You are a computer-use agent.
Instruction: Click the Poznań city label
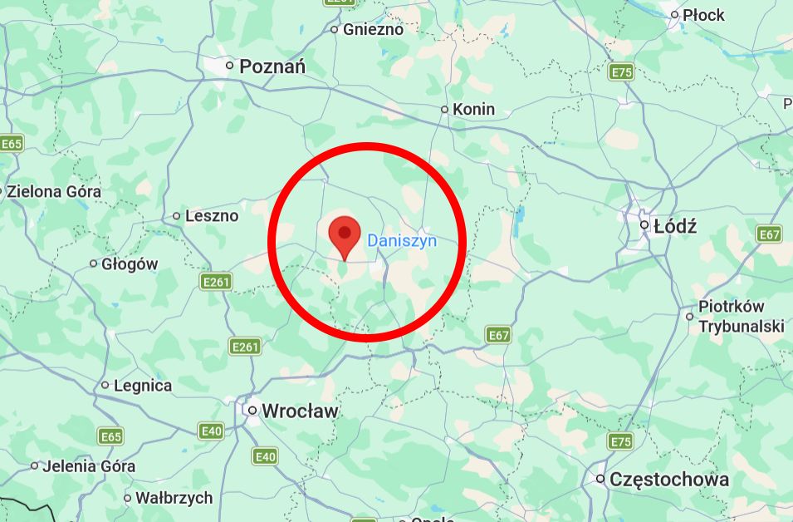(273, 66)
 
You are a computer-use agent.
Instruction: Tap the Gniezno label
(373, 29)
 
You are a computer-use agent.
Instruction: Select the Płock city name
(702, 15)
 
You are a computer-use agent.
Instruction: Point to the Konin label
(474, 109)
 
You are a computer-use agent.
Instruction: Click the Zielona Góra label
(54, 191)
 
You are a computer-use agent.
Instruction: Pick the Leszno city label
(212, 216)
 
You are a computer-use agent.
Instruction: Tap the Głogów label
(130, 264)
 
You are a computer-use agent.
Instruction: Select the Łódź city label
(675, 225)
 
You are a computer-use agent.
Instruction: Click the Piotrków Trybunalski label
(741, 317)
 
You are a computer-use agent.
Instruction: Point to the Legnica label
(143, 386)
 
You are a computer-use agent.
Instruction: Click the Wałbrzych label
(174, 499)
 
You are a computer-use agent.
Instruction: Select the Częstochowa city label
(669, 480)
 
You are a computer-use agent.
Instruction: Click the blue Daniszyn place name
(402, 241)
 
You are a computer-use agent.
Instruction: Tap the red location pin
(345, 235)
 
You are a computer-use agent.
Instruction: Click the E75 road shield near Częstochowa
(620, 441)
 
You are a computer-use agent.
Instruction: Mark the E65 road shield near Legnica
(110, 436)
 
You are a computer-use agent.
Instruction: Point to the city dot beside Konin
(445, 109)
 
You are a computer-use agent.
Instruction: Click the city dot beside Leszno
(176, 216)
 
